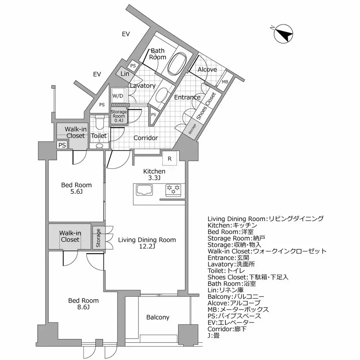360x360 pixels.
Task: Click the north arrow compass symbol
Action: click(x=284, y=34)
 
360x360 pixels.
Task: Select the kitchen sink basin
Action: click(x=144, y=190)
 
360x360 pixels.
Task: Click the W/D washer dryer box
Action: click(x=118, y=96)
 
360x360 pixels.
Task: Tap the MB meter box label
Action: click(x=225, y=82)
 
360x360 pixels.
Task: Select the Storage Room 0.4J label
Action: click(x=118, y=116)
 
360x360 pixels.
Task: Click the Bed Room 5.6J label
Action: click(x=76, y=188)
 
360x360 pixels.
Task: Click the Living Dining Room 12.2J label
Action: click(x=147, y=243)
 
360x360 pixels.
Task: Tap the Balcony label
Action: click(x=158, y=317)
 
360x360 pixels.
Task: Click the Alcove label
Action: click(x=207, y=69)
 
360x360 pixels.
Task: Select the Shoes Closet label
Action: click(x=205, y=107)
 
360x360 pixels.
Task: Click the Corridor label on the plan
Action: click(x=146, y=138)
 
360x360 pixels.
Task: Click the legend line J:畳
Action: click(x=213, y=336)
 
